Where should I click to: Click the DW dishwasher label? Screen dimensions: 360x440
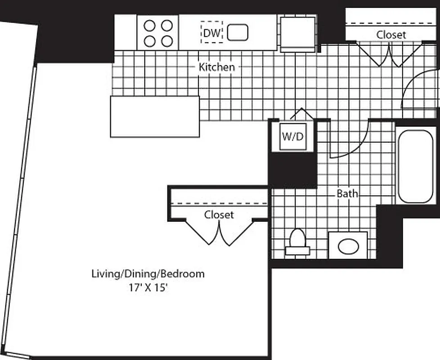coord(211,33)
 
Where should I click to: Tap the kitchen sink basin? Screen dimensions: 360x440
coord(238,32)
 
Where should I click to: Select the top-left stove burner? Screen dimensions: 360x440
coord(149,26)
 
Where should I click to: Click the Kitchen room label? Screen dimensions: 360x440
coord(217,67)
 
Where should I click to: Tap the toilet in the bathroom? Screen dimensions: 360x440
coord(297,241)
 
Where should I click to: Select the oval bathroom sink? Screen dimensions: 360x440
coord(348,246)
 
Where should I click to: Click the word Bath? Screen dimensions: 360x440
coord(348,193)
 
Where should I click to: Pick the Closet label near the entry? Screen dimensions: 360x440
coord(391,35)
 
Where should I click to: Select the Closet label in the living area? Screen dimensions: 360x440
coord(219,215)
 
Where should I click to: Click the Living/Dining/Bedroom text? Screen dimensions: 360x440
coord(148,274)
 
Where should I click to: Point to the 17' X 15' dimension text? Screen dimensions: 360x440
coord(148,287)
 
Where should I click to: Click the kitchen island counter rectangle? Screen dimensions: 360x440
coord(155,117)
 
